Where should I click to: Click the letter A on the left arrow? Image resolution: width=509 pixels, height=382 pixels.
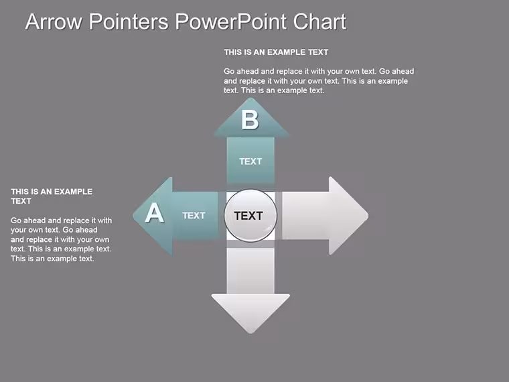[x=155, y=212]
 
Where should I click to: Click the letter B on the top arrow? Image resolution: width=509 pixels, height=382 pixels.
[x=250, y=120]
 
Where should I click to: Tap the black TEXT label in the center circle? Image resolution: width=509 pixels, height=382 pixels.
[x=248, y=216]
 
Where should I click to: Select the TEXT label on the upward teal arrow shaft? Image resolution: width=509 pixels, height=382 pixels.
[x=250, y=162]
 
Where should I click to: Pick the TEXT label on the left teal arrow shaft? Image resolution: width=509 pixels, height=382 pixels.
[x=194, y=215]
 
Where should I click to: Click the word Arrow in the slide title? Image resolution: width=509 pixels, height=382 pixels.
[x=54, y=21]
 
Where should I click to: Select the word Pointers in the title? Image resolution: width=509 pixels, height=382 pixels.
[x=129, y=21]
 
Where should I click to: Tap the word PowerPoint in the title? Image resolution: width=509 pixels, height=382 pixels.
[x=231, y=21]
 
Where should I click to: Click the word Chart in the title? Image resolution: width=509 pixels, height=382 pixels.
[x=319, y=21]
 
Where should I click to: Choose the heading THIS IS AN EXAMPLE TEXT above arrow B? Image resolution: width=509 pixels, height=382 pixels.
[x=276, y=52]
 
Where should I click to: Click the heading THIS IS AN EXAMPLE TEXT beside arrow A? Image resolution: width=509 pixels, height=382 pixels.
[x=52, y=196]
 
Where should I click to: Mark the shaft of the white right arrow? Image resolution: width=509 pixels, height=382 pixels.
[x=305, y=216]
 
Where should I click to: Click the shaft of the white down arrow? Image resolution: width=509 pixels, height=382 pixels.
[x=250, y=271]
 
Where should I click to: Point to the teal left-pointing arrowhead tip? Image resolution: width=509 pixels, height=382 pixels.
[x=133, y=216]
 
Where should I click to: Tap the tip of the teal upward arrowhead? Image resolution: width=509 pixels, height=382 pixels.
[x=250, y=98]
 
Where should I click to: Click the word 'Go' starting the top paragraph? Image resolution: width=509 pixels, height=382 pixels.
[x=229, y=71]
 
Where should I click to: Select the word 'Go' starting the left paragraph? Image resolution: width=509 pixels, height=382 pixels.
[x=16, y=220]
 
